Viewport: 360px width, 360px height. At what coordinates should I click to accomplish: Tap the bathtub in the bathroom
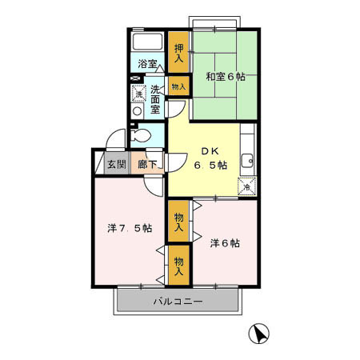(x=147, y=42)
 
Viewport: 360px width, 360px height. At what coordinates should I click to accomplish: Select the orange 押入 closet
(x=179, y=52)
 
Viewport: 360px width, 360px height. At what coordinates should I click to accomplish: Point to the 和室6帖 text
(x=225, y=77)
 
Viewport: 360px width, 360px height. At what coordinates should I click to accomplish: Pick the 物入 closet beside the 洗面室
(x=178, y=86)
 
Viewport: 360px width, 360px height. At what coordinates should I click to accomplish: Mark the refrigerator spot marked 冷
(x=246, y=186)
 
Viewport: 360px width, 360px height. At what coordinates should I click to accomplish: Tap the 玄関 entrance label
(x=117, y=165)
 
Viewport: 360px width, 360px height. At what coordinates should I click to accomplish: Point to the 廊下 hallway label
(x=146, y=165)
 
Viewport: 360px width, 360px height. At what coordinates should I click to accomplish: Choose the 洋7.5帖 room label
(x=130, y=227)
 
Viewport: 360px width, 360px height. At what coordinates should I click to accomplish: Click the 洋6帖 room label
(x=225, y=242)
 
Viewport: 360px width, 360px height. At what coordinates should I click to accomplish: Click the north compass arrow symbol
(x=259, y=334)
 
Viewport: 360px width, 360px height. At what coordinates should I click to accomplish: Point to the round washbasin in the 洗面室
(x=137, y=111)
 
